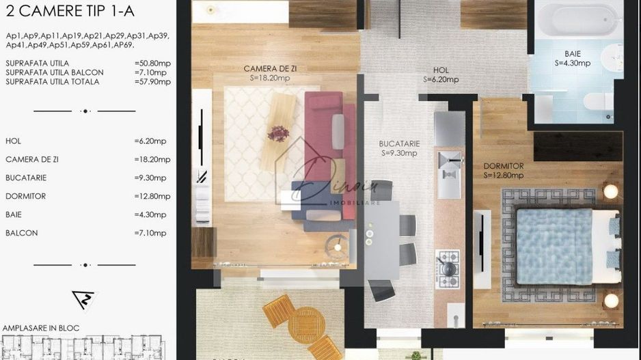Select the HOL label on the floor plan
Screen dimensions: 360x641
tap(441, 70)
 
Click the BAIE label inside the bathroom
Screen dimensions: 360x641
tap(573, 53)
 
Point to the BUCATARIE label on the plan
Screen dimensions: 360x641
tap(399, 144)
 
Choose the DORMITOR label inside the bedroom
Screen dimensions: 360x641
tap(504, 166)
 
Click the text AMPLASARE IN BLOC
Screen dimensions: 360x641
tap(41, 328)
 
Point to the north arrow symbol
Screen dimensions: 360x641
tap(84, 299)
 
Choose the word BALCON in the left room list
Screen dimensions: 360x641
tap(21, 233)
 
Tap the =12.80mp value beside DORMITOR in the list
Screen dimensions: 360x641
tap(151, 196)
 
